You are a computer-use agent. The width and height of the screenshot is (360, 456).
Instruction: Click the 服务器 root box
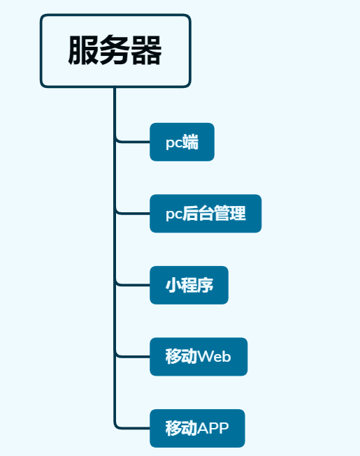pyautogui.click(x=115, y=51)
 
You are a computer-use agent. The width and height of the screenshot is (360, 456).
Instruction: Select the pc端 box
pyautogui.click(x=182, y=142)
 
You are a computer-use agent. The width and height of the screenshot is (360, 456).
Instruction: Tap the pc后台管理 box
pyautogui.click(x=206, y=214)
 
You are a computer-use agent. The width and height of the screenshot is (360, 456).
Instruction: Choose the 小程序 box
pyautogui.click(x=189, y=285)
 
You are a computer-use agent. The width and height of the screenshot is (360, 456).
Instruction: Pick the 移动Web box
pyautogui.click(x=199, y=357)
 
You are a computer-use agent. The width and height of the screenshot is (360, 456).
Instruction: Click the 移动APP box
pyautogui.click(x=197, y=428)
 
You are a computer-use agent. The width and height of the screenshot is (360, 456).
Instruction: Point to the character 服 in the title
pyautogui.click(x=83, y=51)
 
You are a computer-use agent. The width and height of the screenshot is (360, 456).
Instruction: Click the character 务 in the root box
pyautogui.click(x=115, y=51)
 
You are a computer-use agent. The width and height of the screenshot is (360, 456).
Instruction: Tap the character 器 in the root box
pyautogui.click(x=147, y=51)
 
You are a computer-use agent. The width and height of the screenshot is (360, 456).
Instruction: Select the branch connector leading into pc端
pyautogui.click(x=133, y=142)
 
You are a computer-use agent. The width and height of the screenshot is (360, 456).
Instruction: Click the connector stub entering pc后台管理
pyautogui.click(x=133, y=214)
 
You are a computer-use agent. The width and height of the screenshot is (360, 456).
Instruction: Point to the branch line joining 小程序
pyautogui.click(x=133, y=285)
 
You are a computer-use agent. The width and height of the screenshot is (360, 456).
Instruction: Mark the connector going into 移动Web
pyautogui.click(x=133, y=357)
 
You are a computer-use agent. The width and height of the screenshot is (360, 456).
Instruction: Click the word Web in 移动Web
pyautogui.click(x=214, y=357)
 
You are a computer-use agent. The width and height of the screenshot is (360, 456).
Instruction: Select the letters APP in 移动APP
pyautogui.click(x=213, y=428)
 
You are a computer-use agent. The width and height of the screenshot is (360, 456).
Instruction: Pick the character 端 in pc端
pyautogui.click(x=190, y=142)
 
